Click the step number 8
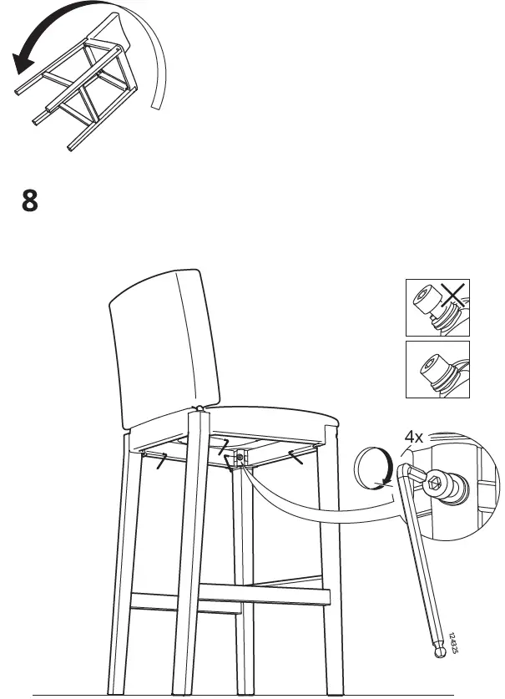29,203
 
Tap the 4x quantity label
414,437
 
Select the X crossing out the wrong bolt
452,298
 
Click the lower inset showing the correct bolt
437,369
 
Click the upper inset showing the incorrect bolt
437,306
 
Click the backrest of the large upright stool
159,342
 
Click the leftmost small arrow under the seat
159,458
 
